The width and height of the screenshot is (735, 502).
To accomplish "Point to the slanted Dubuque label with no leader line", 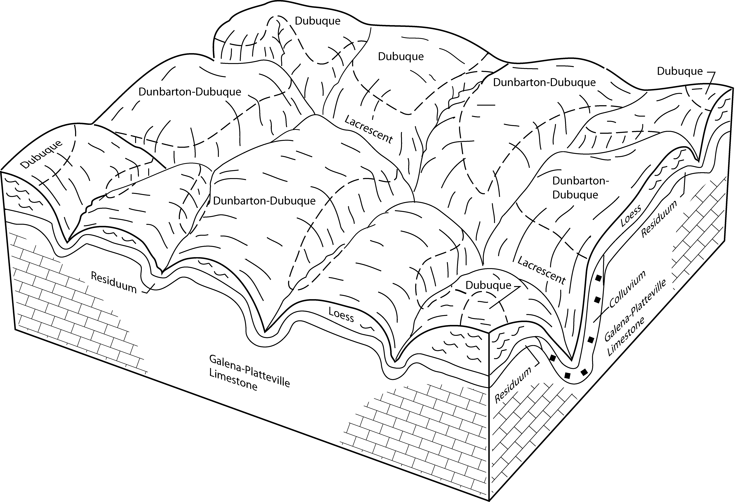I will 41,154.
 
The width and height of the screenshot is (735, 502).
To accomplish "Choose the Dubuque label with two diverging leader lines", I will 488,285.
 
